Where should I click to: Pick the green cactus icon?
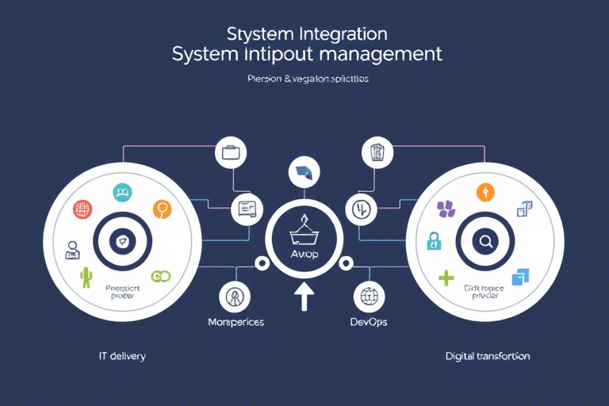(86, 278)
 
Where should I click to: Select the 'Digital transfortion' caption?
(488, 357)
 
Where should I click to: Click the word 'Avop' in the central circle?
(305, 253)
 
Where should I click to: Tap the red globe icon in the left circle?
(82, 210)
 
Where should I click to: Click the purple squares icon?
(446, 209)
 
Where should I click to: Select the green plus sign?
(446, 278)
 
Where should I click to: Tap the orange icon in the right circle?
(486, 192)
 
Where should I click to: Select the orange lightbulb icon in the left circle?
(162, 210)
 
